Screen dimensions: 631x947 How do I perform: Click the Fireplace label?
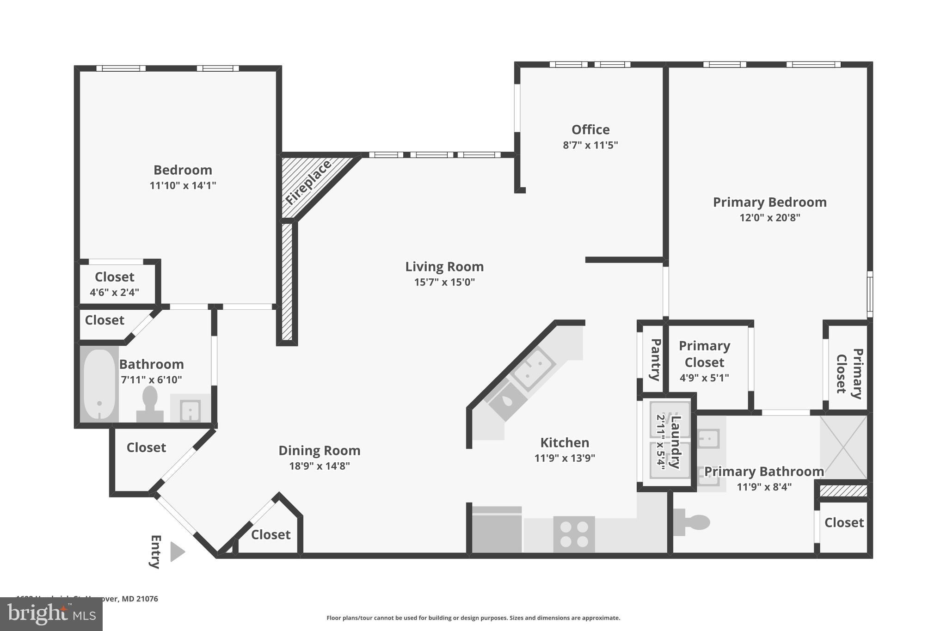[x=308, y=183]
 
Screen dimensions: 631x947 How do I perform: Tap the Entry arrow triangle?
[x=177, y=551]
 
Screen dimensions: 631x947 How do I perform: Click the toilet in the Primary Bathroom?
[x=692, y=522]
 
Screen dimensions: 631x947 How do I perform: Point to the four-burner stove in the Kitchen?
[x=574, y=534]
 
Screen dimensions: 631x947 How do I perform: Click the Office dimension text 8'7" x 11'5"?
[x=590, y=145]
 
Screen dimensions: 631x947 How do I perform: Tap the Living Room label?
[x=444, y=267]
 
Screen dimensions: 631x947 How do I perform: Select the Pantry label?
[x=655, y=360]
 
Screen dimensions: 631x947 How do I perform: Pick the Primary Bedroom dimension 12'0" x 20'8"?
[x=769, y=217]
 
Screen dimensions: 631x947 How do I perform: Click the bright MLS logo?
[x=51, y=614]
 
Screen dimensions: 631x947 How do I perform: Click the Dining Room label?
[x=319, y=451]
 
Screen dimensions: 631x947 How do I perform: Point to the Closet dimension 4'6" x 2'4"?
[x=114, y=292]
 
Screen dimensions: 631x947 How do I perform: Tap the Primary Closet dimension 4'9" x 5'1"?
[x=704, y=378]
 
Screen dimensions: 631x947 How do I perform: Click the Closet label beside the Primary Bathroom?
[x=844, y=523]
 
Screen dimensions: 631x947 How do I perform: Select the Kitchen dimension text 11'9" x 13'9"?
[x=564, y=458]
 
